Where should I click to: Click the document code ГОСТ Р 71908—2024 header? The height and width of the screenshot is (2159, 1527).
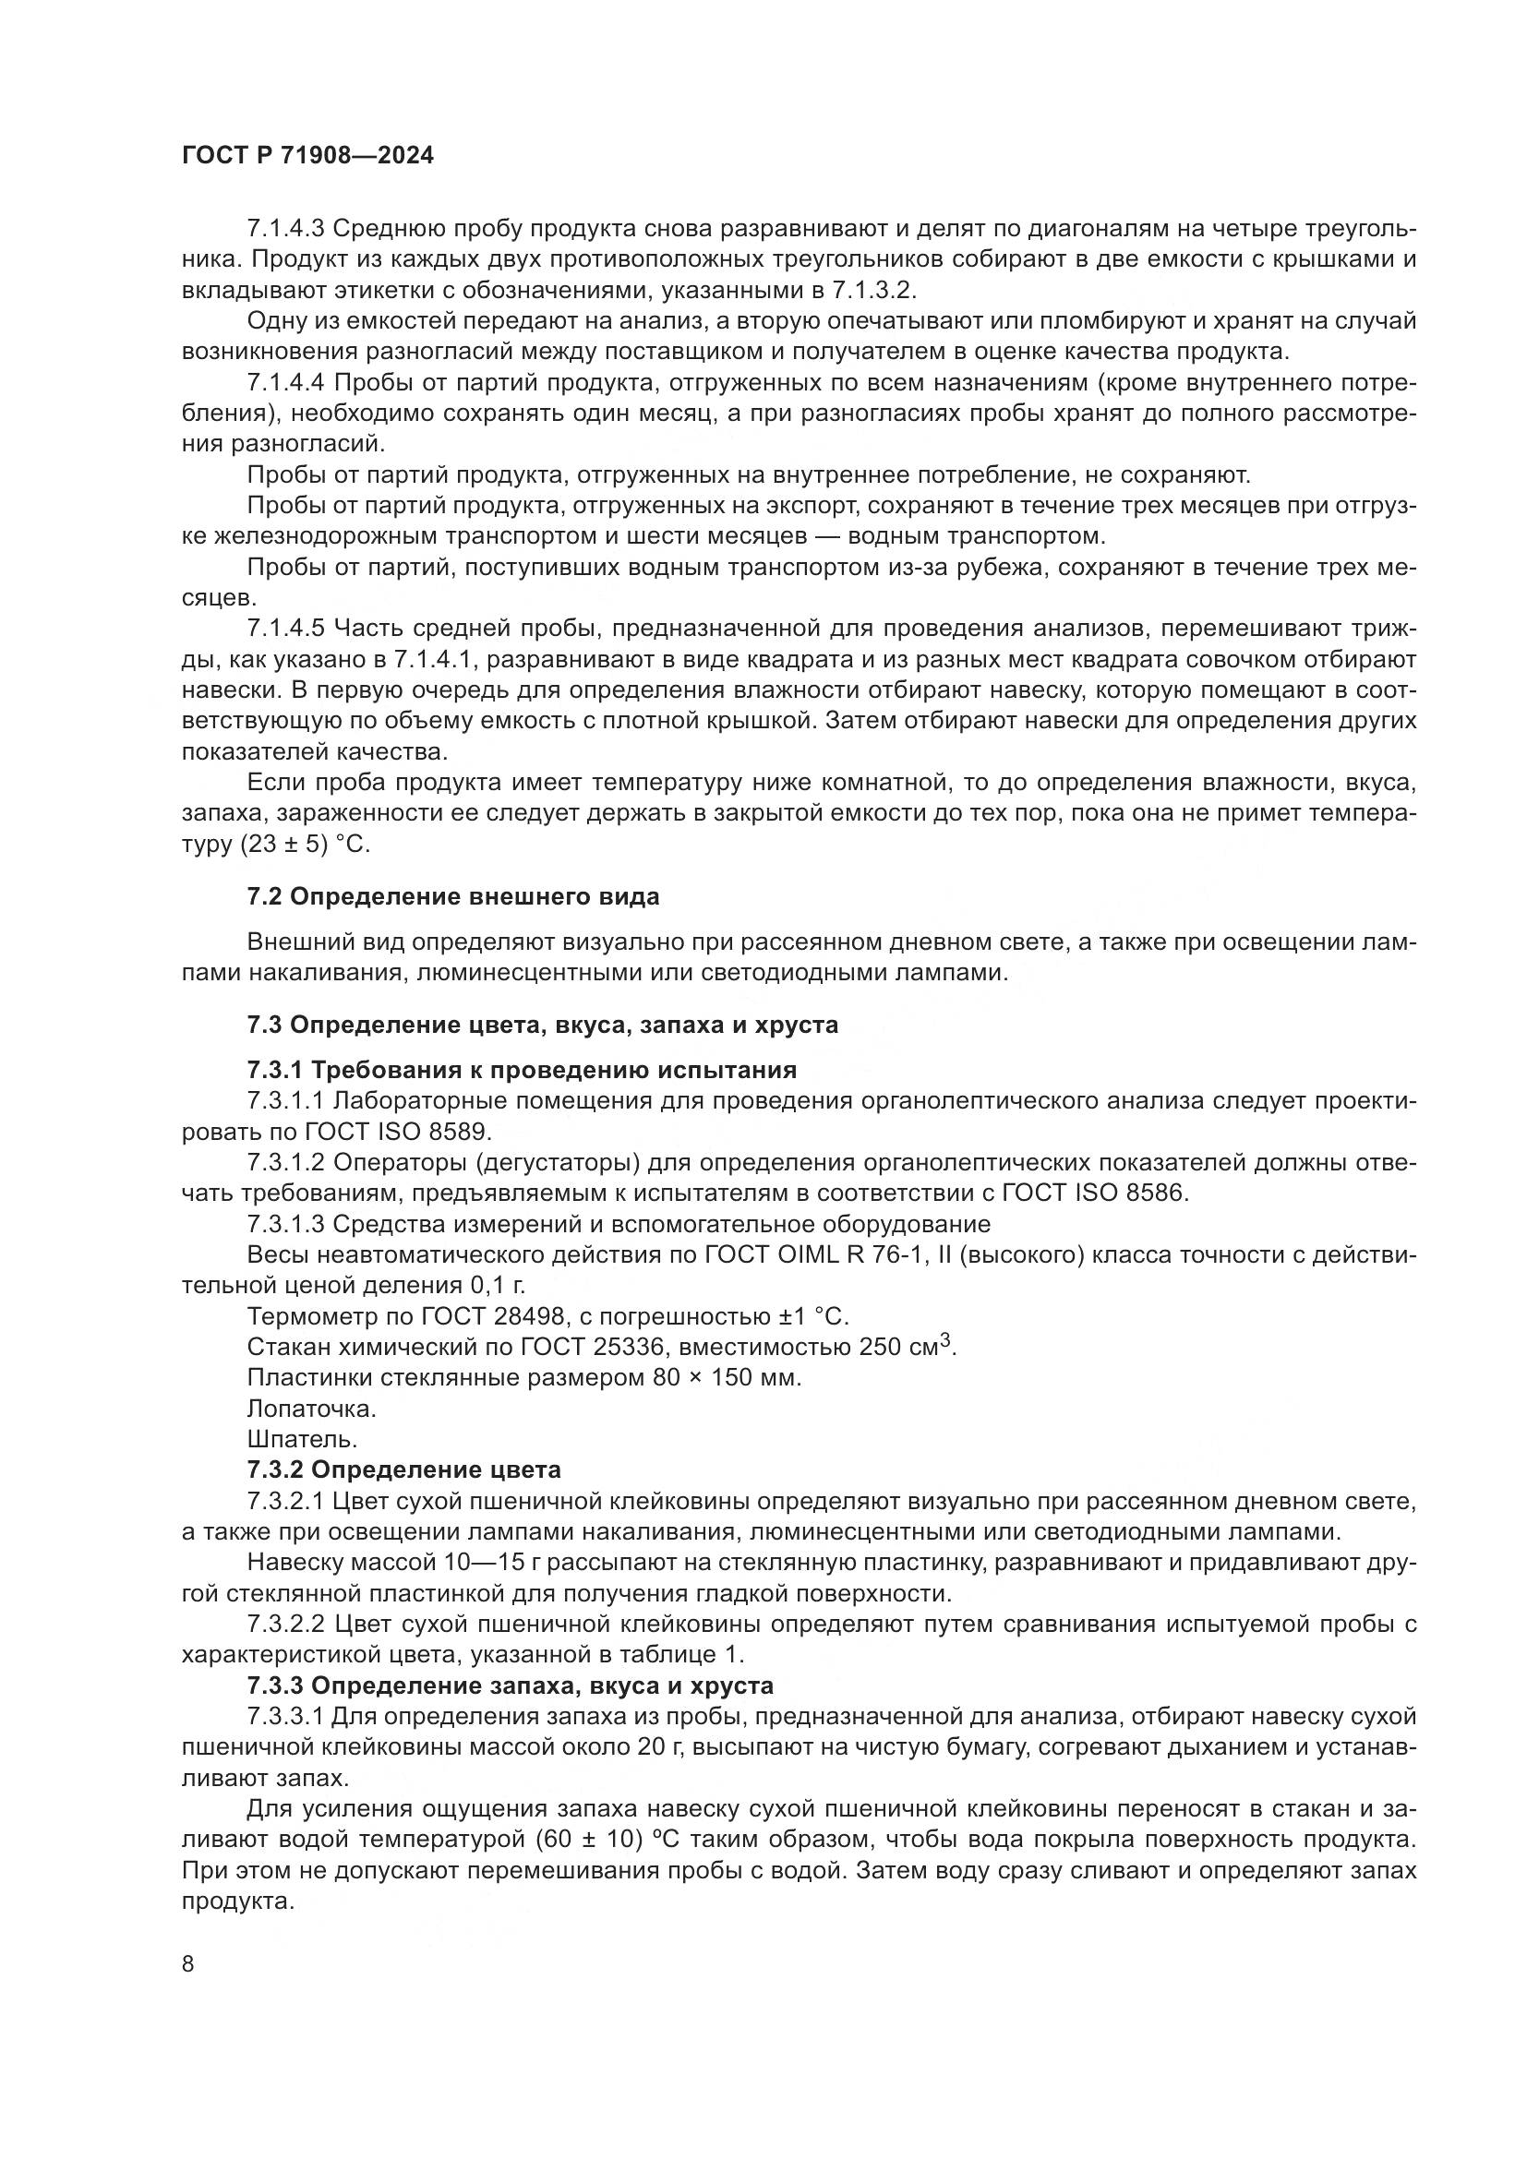pos(307,156)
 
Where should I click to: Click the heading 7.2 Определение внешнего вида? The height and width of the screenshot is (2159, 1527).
pos(452,896)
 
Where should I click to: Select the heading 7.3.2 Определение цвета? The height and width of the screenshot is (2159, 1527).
pos(403,1469)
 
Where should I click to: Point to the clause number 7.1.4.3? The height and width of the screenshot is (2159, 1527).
pos(286,229)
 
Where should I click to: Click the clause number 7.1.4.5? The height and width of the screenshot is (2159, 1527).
pos(286,629)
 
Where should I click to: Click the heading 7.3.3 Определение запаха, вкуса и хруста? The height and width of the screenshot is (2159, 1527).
pos(510,1685)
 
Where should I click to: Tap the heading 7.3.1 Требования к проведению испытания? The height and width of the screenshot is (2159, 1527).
pos(521,1070)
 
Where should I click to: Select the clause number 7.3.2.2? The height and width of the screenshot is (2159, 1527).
pos(286,1624)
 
